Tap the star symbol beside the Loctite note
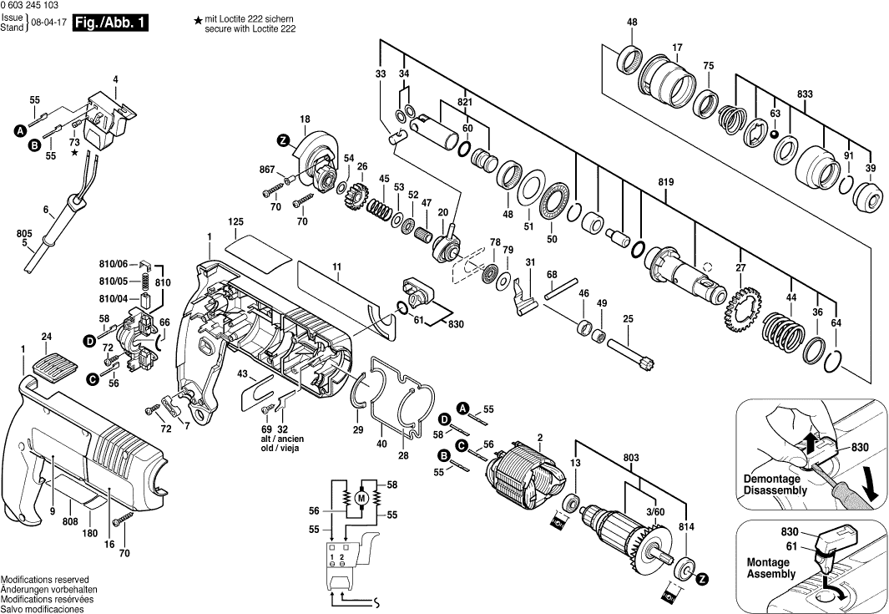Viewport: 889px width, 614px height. (197, 20)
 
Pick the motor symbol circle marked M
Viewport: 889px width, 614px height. (361, 499)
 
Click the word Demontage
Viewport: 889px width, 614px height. (772, 480)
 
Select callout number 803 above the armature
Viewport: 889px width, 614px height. (630, 457)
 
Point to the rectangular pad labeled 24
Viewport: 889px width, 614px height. (51, 363)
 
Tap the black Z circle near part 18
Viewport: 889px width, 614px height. (284, 142)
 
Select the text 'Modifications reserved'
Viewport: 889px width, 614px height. (45, 580)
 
